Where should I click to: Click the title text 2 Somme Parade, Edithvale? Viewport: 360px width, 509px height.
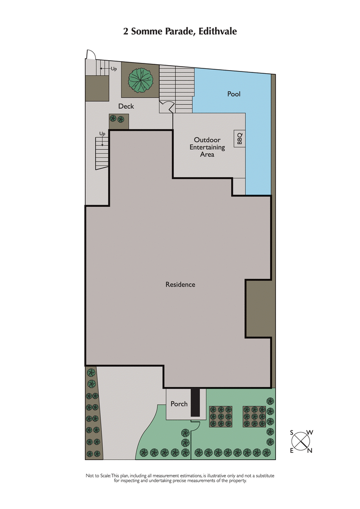[x=180, y=31]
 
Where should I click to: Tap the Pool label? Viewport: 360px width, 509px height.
[x=234, y=94]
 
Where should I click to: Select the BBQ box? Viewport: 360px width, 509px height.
[x=238, y=139]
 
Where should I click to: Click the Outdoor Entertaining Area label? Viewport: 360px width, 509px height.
[x=207, y=147]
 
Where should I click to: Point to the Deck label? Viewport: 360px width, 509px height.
[x=126, y=107]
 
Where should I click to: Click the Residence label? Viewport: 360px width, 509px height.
[x=180, y=284]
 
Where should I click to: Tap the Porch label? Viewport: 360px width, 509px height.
[x=179, y=404]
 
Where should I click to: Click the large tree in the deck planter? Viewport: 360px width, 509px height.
[x=141, y=80]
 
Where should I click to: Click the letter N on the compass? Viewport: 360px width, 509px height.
[x=310, y=451]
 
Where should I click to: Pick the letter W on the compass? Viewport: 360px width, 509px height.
[x=310, y=433]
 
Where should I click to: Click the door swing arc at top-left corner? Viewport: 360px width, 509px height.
[x=90, y=54]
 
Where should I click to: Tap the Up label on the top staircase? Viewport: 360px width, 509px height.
[x=114, y=69]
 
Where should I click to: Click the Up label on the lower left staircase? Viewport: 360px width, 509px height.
[x=102, y=134]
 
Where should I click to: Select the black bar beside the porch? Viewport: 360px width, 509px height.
[x=195, y=402]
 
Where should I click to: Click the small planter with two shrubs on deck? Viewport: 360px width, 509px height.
[x=119, y=121]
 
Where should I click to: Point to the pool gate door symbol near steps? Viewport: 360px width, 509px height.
[x=167, y=107]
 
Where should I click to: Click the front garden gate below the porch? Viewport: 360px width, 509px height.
[x=195, y=423]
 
